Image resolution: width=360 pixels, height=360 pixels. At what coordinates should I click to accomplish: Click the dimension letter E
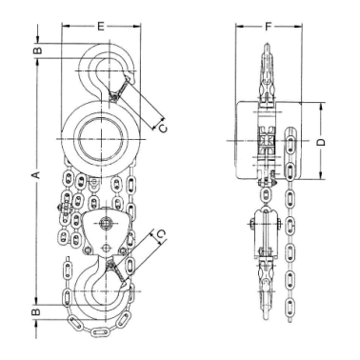(x=101, y=27)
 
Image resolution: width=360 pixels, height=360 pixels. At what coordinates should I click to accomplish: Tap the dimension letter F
(x=269, y=27)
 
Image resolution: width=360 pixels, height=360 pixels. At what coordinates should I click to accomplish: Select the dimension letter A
(x=37, y=174)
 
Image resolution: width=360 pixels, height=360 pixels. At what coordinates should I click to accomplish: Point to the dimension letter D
(x=322, y=142)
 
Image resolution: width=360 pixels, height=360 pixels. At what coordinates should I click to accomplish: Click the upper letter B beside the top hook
(x=37, y=50)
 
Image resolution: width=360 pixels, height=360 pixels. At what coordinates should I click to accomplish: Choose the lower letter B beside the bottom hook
(x=37, y=311)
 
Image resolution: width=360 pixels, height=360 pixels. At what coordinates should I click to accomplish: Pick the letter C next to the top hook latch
(x=163, y=129)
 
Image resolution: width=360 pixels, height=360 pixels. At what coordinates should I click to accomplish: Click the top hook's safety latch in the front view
(x=120, y=89)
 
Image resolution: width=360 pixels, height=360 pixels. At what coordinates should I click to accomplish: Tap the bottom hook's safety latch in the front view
(x=118, y=270)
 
